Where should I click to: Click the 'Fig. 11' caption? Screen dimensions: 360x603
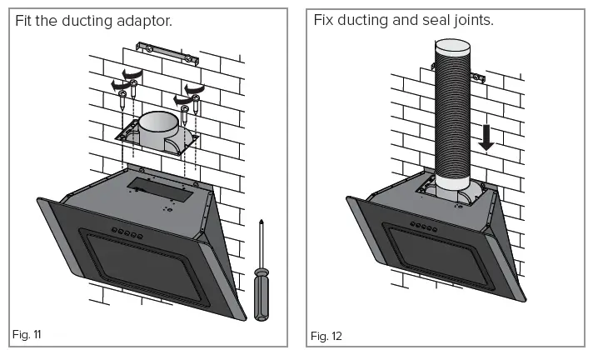27,335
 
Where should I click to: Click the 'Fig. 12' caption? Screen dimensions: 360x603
326,336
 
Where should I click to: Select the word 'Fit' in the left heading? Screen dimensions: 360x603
25,19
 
